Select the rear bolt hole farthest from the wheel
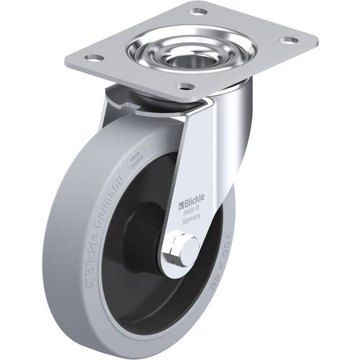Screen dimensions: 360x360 [195, 11]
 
